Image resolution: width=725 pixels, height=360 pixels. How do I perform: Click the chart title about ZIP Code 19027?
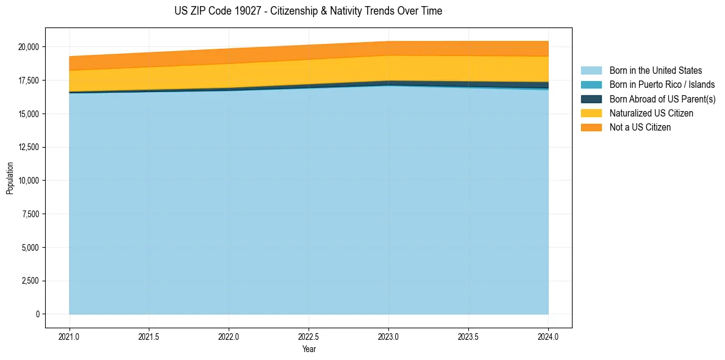(x=308, y=11)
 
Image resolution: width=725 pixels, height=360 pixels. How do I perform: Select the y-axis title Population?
(x=10, y=178)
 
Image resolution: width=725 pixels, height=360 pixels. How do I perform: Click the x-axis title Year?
(x=309, y=350)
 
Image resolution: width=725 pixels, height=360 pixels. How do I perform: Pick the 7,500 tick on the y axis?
(x=29, y=214)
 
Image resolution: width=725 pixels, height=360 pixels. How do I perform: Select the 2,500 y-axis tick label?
(x=29, y=281)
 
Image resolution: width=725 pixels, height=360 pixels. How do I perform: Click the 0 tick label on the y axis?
(x=38, y=314)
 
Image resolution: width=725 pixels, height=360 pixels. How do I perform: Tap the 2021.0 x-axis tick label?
(x=70, y=336)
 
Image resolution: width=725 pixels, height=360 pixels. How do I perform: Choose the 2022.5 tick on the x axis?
(x=309, y=336)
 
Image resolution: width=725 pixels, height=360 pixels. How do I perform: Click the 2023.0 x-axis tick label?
(x=388, y=336)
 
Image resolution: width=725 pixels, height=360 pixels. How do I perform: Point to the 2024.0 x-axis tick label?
(x=548, y=336)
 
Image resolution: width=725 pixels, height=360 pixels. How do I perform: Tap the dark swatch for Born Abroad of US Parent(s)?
(x=591, y=99)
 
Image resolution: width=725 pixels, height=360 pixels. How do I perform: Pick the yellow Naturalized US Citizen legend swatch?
(x=591, y=113)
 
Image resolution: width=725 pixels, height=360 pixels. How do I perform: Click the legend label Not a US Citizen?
(x=640, y=128)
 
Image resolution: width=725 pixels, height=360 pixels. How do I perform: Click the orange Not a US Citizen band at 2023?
(x=388, y=48)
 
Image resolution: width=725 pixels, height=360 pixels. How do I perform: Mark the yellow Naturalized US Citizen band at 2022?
(x=229, y=76)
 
